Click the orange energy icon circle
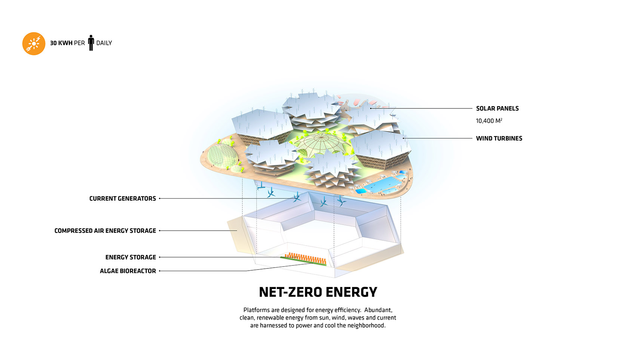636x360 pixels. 34,43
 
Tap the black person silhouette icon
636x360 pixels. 91,43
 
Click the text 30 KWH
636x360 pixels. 61,43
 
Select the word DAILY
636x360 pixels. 104,43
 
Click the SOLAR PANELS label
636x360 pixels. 497,108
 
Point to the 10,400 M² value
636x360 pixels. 489,121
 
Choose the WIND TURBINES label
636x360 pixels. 499,138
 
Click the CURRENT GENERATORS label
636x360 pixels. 122,199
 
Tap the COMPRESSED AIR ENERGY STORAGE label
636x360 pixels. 105,231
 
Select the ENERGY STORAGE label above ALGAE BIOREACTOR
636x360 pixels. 131,257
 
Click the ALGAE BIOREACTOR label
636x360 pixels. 128,271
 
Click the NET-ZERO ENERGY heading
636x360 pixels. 318,292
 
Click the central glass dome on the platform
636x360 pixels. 320,144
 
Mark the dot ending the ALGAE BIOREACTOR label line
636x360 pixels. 160,271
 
